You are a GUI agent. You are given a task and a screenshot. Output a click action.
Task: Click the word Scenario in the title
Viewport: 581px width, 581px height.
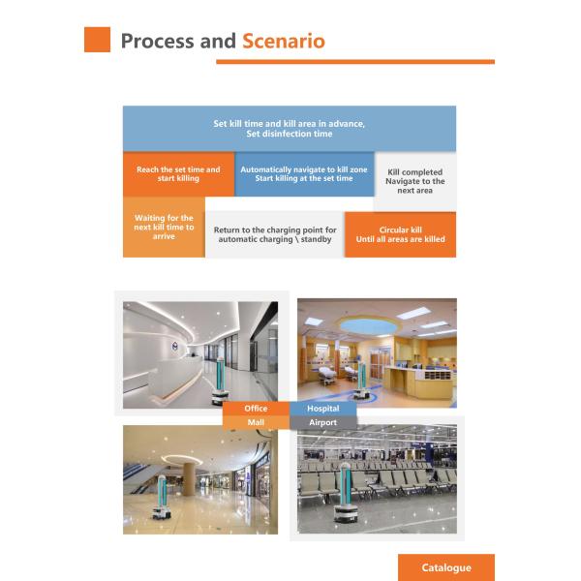pos(284,41)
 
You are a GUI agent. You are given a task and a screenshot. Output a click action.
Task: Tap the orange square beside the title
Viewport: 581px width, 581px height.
pos(97,40)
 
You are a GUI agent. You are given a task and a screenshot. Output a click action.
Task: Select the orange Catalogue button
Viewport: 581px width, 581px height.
pos(446,567)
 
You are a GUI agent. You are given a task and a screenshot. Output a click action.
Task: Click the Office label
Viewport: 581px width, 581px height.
pos(256,409)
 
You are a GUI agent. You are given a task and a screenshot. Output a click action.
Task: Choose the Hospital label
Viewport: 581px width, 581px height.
pos(323,409)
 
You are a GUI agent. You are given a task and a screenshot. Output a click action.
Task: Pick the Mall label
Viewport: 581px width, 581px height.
pos(256,422)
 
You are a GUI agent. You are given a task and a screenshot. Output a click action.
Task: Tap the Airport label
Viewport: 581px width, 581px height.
pos(323,422)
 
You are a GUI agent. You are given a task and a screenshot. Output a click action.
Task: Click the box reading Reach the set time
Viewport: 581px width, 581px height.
pos(178,173)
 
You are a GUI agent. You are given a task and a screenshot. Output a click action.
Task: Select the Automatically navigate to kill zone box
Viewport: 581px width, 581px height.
pos(304,173)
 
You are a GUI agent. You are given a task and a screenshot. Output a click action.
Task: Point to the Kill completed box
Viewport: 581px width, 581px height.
pos(415,181)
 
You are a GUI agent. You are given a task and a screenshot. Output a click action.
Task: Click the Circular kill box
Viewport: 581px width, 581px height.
pos(400,234)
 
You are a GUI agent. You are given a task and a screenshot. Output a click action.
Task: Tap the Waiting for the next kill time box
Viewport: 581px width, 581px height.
pos(164,228)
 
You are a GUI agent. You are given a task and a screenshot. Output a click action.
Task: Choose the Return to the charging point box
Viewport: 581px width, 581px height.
pos(275,234)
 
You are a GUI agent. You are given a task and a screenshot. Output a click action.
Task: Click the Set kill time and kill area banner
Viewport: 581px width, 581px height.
pos(290,129)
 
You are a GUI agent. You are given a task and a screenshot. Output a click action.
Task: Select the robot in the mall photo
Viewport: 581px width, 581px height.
pos(162,498)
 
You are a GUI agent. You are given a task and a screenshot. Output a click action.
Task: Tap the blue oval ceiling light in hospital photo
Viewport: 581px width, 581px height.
pos(368,326)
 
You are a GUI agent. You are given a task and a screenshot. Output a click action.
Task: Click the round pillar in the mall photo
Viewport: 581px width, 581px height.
pos(189,479)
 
